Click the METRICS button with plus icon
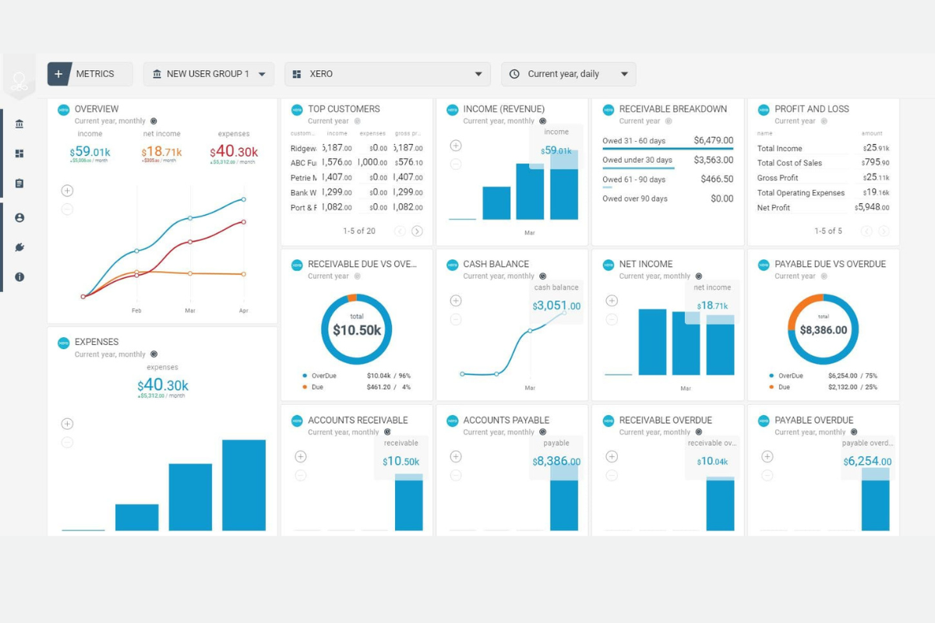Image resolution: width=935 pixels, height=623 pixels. (x=90, y=74)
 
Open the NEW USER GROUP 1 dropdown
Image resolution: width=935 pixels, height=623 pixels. (x=208, y=74)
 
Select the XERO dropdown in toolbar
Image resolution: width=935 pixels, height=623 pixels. (x=387, y=74)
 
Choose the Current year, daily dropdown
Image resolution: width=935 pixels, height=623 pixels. (x=568, y=74)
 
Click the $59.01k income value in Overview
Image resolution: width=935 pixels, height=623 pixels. (x=90, y=152)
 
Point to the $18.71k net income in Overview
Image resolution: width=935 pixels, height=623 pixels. (x=161, y=152)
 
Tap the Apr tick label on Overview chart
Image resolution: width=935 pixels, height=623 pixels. (x=243, y=310)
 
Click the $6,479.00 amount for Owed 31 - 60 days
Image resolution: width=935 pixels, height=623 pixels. (x=713, y=140)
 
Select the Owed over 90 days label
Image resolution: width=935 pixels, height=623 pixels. (x=634, y=199)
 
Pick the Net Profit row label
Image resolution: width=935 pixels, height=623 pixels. (x=773, y=208)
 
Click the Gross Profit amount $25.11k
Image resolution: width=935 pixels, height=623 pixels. (x=875, y=178)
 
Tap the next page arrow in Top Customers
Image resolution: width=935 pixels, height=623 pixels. (x=417, y=231)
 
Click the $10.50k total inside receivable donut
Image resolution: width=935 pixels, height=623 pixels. (x=357, y=330)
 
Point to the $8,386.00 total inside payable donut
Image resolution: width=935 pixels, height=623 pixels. (x=823, y=330)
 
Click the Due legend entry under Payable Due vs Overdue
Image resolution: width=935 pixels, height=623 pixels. (x=783, y=387)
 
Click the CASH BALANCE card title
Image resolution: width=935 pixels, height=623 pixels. (x=496, y=264)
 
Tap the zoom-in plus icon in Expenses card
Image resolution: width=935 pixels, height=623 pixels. (x=67, y=424)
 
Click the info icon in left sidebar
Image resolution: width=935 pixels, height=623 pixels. (x=19, y=276)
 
